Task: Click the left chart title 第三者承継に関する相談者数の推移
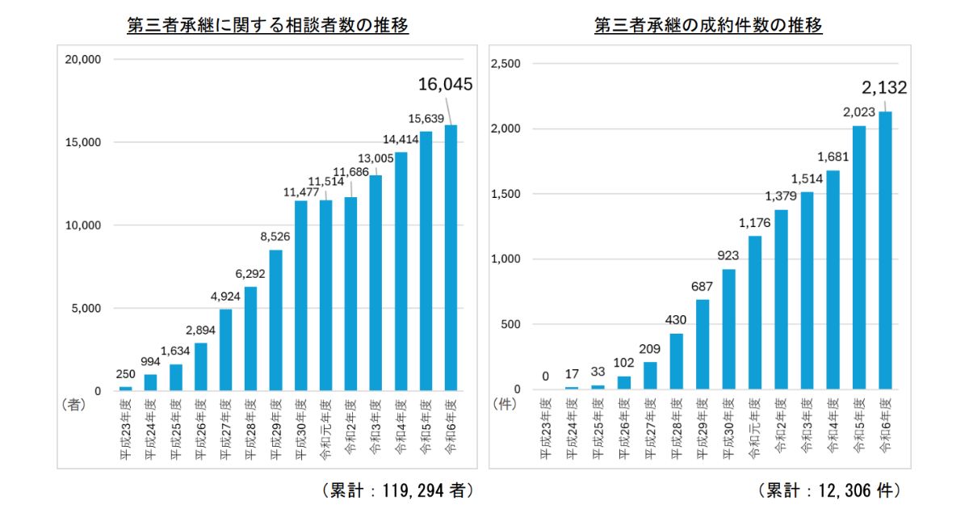point(268,26)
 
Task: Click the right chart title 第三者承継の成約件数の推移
point(708,26)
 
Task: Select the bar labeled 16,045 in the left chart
point(451,259)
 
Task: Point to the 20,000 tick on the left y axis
point(82,59)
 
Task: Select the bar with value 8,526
point(275,321)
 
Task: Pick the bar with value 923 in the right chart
point(728,330)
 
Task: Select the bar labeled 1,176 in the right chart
point(755,313)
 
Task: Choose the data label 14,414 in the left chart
point(401,139)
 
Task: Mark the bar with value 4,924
point(225,351)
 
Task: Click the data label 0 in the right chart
point(545,376)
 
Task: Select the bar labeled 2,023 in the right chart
point(859,259)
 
